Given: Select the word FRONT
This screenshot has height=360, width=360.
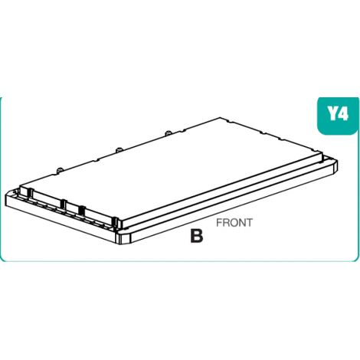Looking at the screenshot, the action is (234, 223).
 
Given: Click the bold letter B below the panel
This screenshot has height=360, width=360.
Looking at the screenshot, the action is (197, 236).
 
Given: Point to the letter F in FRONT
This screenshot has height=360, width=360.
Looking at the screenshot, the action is (219, 223).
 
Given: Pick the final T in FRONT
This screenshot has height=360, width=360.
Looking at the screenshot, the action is (249, 223).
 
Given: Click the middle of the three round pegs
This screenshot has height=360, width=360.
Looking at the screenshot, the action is (119, 150).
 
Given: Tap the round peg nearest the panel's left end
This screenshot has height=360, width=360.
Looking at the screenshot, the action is (59, 170).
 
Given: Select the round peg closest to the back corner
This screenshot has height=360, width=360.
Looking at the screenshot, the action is (168, 133).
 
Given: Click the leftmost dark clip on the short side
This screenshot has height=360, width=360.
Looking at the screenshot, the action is (30, 193).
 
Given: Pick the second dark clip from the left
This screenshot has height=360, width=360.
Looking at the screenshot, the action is (63, 205).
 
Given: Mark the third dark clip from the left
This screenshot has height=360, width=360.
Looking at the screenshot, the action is (81, 211).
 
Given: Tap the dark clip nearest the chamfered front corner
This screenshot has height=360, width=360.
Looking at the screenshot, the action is (116, 222).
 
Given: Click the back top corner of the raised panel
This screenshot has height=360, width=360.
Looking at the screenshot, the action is (221, 118).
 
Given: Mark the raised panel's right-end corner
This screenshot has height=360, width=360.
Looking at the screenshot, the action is (322, 154).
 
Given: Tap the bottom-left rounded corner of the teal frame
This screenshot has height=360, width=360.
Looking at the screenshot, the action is (3, 259).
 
